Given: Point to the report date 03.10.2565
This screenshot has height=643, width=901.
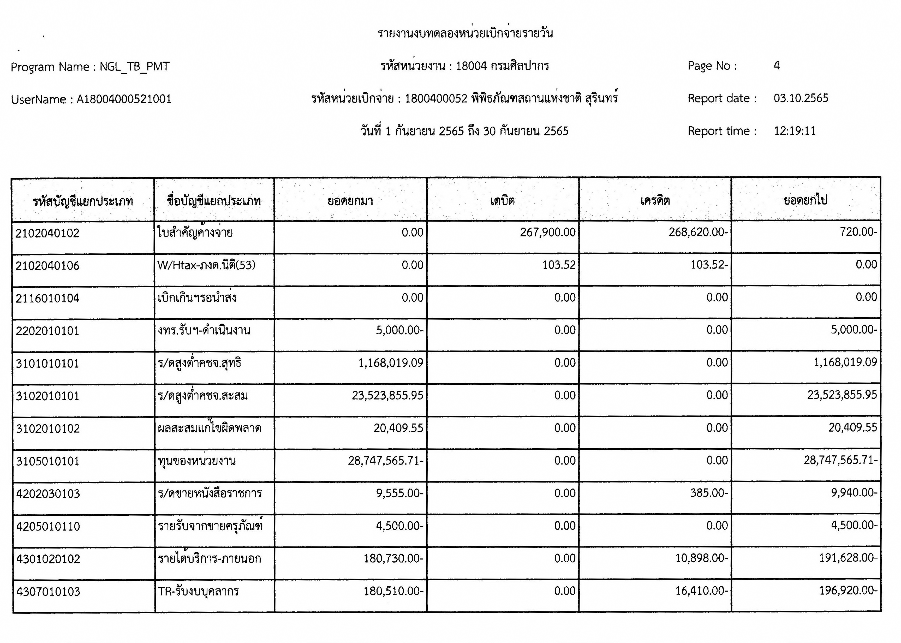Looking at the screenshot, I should point(801,98).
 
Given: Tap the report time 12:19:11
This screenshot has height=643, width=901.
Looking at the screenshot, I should point(795,131).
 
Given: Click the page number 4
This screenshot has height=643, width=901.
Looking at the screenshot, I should point(777,66).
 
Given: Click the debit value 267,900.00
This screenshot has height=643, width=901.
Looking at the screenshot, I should point(547,233).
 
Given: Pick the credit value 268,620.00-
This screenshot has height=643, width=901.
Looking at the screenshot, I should point(698,233).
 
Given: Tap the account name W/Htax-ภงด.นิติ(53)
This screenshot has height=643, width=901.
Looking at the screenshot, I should point(206,265).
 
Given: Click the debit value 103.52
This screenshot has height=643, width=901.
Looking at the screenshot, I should point(559,265).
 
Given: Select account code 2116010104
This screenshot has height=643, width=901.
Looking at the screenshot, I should point(47,298).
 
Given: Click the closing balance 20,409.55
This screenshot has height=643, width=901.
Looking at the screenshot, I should point(853,428).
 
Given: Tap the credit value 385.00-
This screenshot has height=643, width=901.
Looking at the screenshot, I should point(709,493).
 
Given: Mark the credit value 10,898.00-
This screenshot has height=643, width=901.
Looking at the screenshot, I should point(701,558).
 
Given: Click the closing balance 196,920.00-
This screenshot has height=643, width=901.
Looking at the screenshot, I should point(848,591).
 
